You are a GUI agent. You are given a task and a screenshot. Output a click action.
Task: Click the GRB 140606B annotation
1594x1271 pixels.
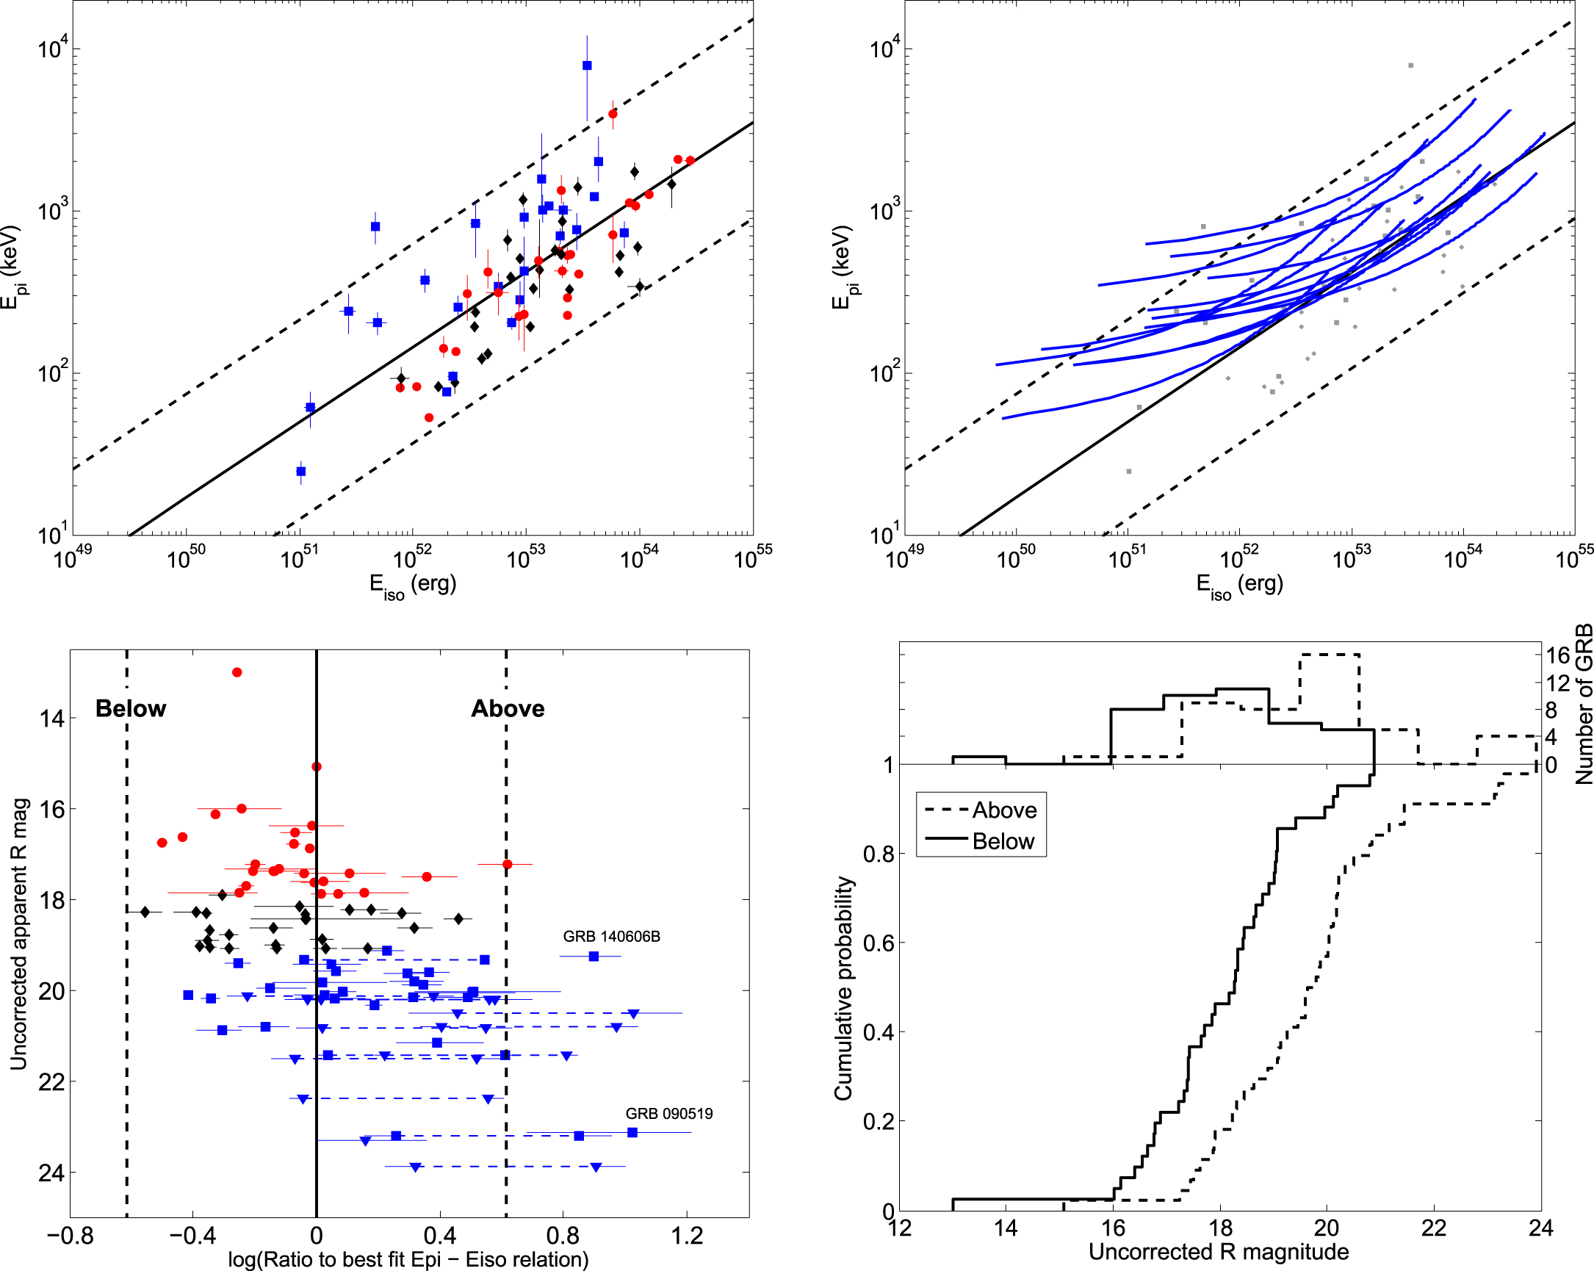click(611, 936)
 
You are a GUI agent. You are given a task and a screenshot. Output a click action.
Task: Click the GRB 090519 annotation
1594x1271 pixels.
click(669, 1114)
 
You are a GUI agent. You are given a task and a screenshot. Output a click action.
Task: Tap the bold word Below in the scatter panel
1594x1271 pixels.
click(131, 708)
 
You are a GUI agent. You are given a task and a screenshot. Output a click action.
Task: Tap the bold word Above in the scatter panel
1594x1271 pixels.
click(508, 708)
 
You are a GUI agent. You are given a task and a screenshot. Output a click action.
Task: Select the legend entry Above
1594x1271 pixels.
click(1004, 810)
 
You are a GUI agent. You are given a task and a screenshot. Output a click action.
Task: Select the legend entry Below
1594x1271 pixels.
click(1003, 841)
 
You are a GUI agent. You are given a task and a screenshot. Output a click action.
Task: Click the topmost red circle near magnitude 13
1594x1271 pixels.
click(237, 672)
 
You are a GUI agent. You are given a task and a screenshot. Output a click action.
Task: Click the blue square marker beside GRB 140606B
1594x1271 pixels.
click(594, 956)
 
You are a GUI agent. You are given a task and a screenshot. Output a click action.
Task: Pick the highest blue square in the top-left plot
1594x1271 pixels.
click(587, 65)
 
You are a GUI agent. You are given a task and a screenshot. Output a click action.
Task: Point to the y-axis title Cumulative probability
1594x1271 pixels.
click(843, 989)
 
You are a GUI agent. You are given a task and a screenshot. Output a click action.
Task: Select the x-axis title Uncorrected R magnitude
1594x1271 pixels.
click(1219, 1252)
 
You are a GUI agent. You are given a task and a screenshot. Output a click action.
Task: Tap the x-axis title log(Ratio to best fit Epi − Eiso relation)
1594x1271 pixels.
click(408, 1259)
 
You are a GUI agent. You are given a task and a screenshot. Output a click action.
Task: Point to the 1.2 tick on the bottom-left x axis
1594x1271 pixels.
click(687, 1236)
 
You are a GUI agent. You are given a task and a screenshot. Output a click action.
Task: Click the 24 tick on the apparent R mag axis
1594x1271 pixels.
click(51, 1173)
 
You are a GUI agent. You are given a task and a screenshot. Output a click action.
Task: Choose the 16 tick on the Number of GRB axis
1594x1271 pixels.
click(1557, 655)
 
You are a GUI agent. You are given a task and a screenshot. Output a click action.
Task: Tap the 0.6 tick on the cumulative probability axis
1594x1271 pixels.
click(876, 943)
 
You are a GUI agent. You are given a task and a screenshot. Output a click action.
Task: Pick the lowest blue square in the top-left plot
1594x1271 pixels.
click(301, 471)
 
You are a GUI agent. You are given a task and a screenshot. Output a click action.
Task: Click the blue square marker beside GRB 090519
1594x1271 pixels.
click(632, 1132)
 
